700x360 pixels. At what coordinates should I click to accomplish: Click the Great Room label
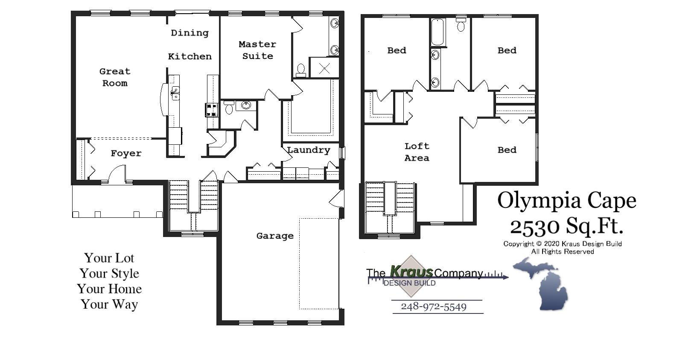pos(115,77)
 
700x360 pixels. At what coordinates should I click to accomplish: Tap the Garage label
pos(275,236)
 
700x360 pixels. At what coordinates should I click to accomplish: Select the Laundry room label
pos(308,150)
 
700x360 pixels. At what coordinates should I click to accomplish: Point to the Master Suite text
pos(257,50)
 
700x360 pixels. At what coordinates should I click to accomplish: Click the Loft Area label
pos(417,152)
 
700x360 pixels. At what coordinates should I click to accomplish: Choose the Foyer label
pos(126,153)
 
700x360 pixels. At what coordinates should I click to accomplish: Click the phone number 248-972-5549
pos(433,307)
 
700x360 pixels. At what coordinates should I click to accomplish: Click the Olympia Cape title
pos(566,201)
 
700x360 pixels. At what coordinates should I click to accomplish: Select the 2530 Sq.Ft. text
pos(566,226)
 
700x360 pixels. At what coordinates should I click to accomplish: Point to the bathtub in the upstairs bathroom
pos(437,32)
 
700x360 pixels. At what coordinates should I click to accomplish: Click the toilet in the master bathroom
pos(301,70)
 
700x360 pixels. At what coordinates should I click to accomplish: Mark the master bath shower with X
pos(324,68)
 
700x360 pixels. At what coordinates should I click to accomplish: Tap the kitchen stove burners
pos(212,110)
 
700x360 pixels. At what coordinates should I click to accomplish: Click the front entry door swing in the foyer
pos(117,175)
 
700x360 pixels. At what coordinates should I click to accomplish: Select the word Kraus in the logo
pos(411,272)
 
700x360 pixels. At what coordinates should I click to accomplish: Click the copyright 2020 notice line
pos(562,244)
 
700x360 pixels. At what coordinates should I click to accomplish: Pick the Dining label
pos(190,33)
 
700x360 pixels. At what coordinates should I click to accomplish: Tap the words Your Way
pos(109,304)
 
